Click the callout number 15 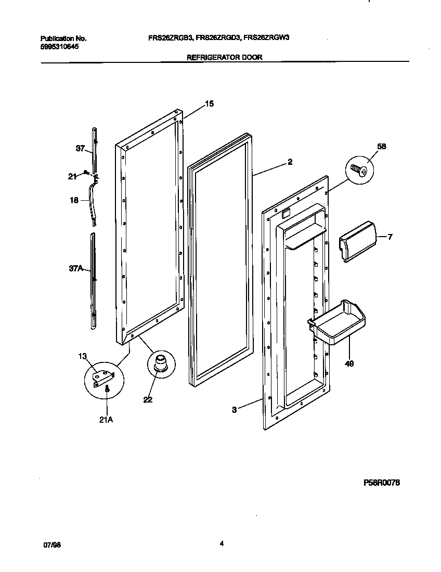[x=209, y=104]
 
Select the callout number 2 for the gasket [x=290, y=162]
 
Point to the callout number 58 [x=382, y=147]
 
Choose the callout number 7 [x=390, y=237]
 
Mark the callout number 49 [x=349, y=364]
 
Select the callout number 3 [x=235, y=410]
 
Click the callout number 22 [x=148, y=400]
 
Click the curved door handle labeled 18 [x=94, y=200]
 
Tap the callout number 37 [x=80, y=149]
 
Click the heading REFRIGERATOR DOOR [x=224, y=58]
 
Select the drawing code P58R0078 [x=381, y=483]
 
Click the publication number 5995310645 [x=60, y=47]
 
